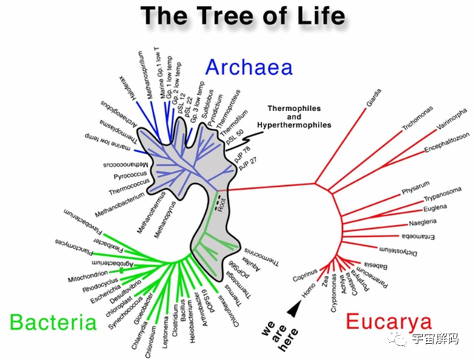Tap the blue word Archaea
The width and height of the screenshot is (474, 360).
point(249,67)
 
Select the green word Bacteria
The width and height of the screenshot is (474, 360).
point(53,323)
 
